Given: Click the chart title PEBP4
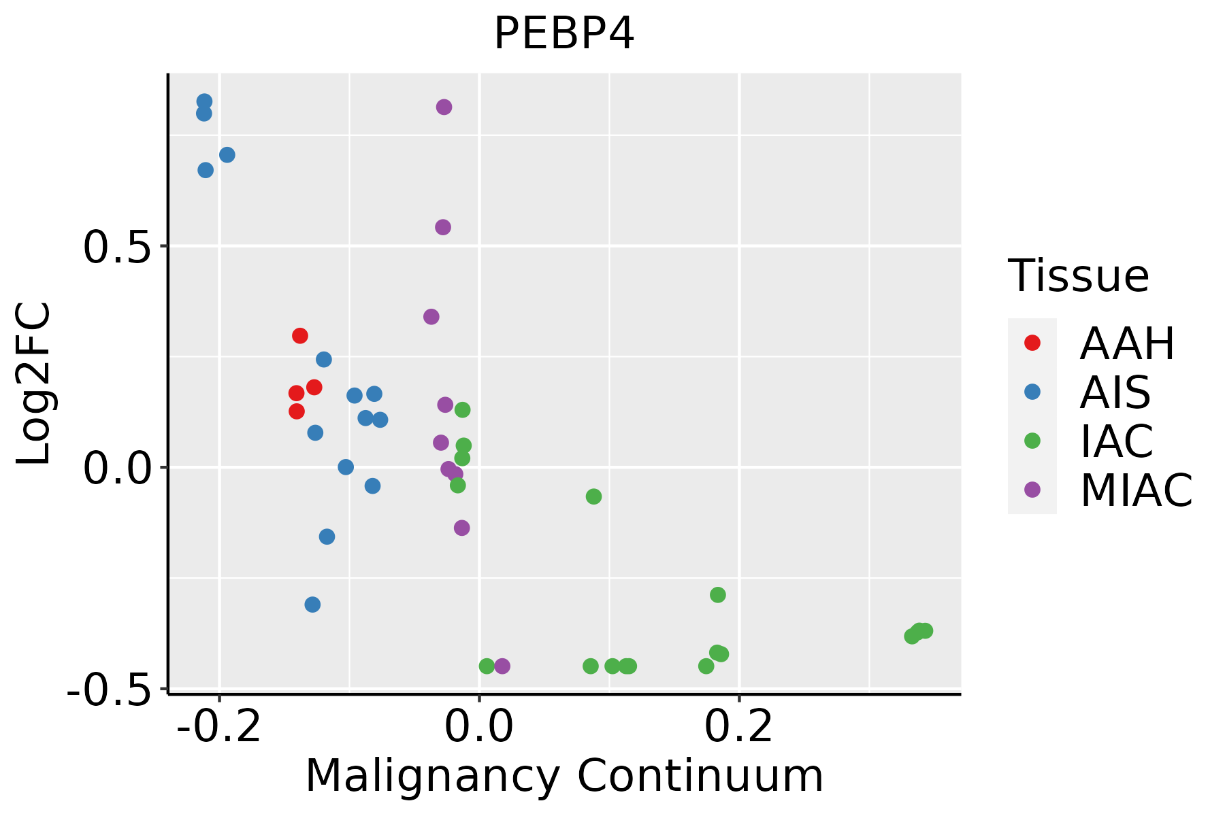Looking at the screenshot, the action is click(564, 33).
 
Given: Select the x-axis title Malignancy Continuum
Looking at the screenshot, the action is click(564, 776).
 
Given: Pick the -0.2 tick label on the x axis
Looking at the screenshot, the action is click(219, 727).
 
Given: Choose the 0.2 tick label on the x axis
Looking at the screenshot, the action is click(739, 727).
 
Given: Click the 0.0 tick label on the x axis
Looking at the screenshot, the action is click(479, 727).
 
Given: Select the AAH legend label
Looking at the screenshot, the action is click(1127, 343).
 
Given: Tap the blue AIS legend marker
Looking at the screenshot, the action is click(1032, 392).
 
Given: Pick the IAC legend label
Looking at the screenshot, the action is click(1117, 441).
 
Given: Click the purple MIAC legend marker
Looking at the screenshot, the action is click(1032, 490).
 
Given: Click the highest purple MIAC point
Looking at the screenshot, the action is click(444, 107).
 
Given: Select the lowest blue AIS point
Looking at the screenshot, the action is click(312, 605).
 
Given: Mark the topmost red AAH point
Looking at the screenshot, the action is click(300, 336).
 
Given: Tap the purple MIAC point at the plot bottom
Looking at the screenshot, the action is click(502, 666).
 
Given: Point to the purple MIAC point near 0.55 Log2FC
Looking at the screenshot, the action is click(443, 227).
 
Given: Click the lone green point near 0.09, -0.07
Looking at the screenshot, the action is click(593, 496).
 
